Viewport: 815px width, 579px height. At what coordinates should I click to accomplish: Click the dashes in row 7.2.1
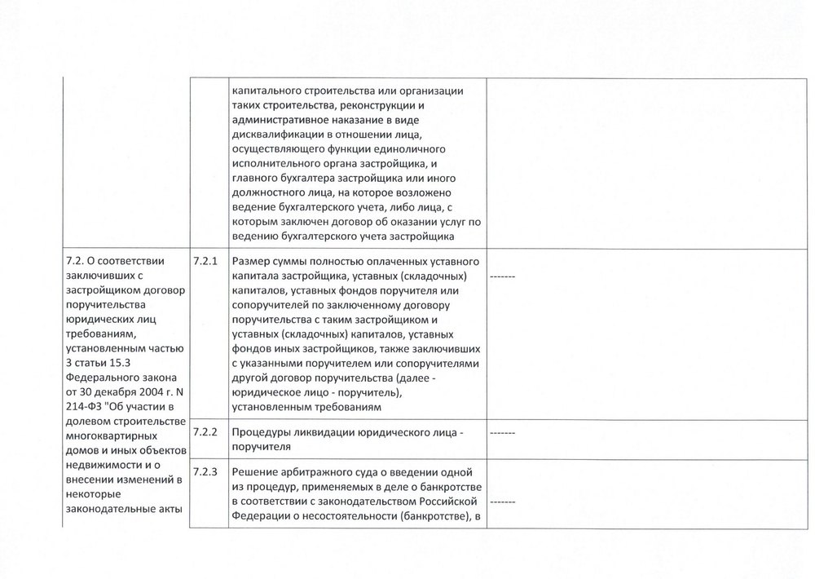502,278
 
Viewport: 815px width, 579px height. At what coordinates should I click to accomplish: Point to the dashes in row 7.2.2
502,433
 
